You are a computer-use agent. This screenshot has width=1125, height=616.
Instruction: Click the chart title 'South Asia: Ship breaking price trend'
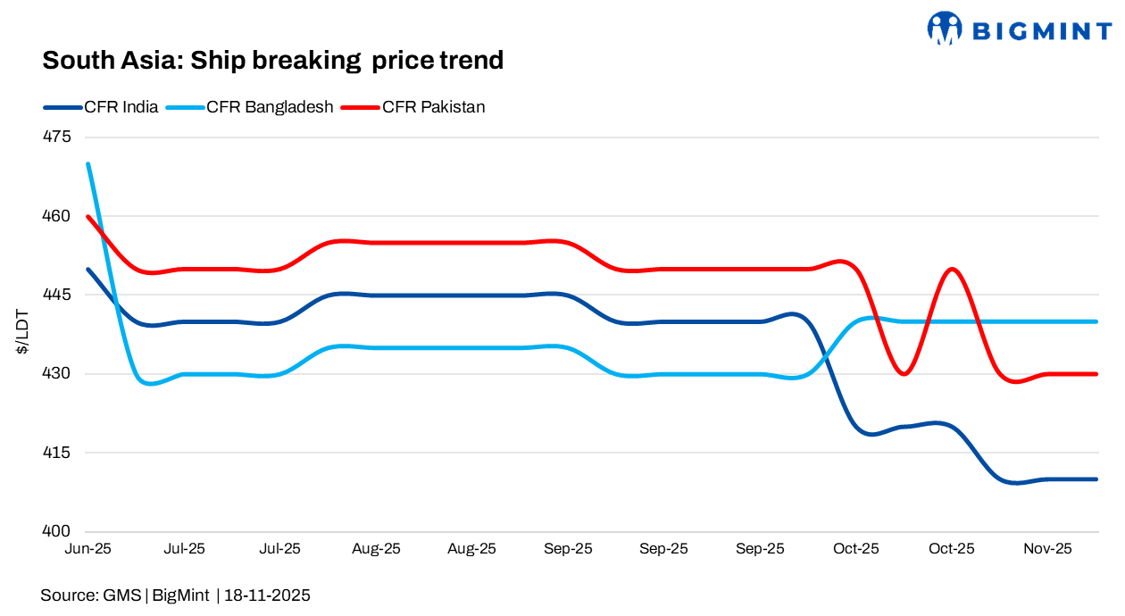(273, 61)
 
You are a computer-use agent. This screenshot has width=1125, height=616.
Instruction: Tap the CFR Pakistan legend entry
(433, 107)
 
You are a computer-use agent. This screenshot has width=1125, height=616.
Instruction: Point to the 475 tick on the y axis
(55, 137)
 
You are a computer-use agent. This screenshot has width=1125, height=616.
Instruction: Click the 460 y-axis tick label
(55, 216)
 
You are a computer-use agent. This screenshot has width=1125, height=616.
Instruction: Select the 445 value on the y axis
(55, 296)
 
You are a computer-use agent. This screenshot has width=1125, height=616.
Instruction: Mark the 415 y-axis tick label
(55, 453)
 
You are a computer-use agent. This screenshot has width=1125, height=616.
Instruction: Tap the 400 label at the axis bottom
(55, 532)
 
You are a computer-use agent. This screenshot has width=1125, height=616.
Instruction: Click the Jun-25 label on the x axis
(87, 549)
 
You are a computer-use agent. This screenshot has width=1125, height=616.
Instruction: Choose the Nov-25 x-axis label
(1048, 549)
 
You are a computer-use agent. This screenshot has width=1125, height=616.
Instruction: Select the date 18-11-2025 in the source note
(267, 595)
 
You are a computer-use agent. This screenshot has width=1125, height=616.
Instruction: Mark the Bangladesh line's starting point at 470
(87, 164)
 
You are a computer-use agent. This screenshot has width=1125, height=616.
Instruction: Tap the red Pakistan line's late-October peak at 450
(953, 269)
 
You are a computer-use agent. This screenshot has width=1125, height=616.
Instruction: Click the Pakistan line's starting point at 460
(87, 216)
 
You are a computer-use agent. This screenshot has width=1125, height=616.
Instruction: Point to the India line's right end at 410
(1096, 479)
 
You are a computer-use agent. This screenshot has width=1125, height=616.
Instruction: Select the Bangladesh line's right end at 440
(1096, 321)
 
